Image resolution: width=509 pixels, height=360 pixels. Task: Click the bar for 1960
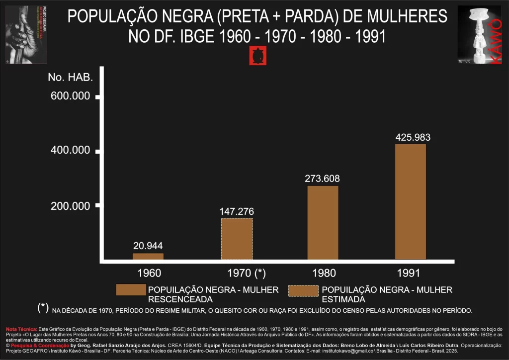[148, 256]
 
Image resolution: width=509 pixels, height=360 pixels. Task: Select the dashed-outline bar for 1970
[237, 239]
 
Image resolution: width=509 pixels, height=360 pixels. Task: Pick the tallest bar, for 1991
[411, 202]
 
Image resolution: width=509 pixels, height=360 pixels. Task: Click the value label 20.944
[148, 246]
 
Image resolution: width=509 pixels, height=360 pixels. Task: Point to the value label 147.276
[237, 211]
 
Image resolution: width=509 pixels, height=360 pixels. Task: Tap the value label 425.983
[413, 137]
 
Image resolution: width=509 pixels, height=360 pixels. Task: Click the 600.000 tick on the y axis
[71, 96]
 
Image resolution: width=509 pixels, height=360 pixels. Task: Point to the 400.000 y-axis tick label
[71, 151]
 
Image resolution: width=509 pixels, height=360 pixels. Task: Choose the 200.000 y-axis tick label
[71, 206]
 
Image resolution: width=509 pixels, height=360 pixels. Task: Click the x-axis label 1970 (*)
[247, 273]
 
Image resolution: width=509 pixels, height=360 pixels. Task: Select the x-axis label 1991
[409, 273]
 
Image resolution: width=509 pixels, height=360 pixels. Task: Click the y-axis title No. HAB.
[71, 77]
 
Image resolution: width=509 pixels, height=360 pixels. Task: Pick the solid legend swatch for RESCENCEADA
[131, 290]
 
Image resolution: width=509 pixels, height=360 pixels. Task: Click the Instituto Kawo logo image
[479, 35]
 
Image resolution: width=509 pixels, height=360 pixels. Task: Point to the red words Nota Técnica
[21, 329]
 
